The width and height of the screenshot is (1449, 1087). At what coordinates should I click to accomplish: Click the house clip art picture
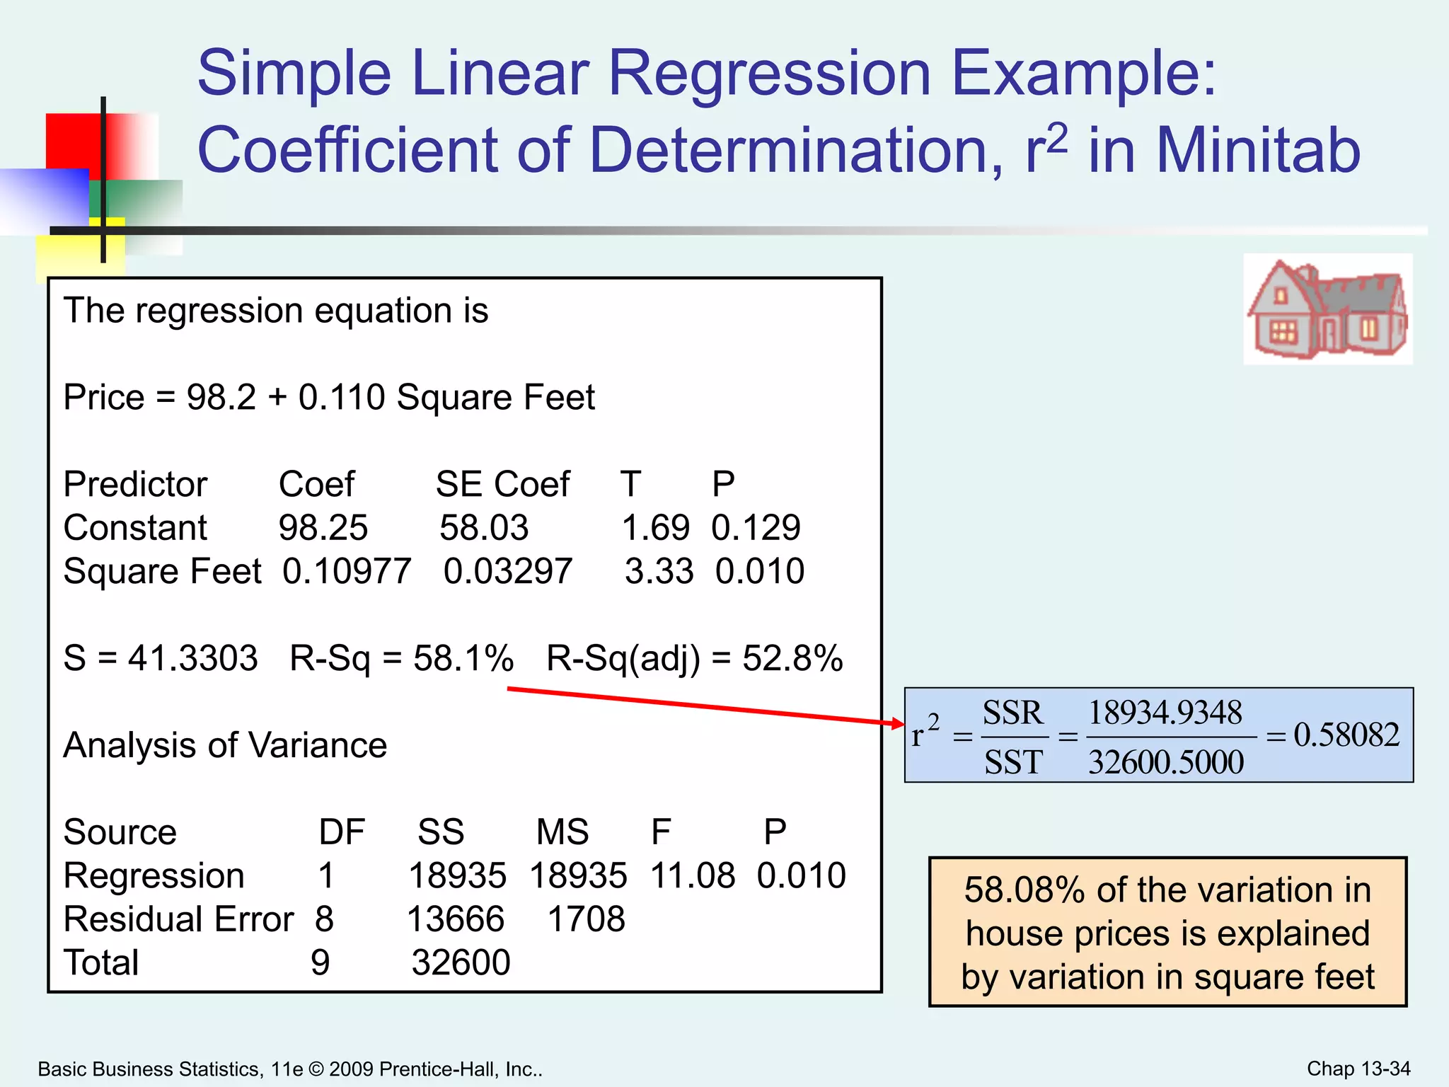pyautogui.click(x=1327, y=309)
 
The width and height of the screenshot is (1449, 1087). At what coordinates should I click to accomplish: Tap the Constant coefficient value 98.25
pyautogui.click(x=323, y=528)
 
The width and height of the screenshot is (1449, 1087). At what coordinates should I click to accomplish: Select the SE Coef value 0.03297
pyautogui.click(x=507, y=571)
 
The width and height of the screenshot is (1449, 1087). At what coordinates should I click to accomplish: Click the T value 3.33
pyautogui.click(x=659, y=571)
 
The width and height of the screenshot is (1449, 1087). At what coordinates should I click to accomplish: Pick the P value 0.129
pyautogui.click(x=756, y=528)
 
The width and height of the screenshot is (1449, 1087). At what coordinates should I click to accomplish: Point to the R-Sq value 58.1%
pyautogui.click(x=463, y=658)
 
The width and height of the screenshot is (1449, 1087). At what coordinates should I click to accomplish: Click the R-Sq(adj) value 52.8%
pyautogui.click(x=792, y=658)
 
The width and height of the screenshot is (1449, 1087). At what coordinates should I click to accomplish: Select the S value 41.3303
pyautogui.click(x=192, y=658)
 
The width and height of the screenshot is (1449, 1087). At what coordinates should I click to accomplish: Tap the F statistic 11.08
pyautogui.click(x=692, y=876)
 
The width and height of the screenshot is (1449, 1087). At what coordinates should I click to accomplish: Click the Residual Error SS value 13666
pyautogui.click(x=456, y=919)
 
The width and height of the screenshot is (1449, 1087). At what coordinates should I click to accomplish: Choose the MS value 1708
pyautogui.click(x=586, y=919)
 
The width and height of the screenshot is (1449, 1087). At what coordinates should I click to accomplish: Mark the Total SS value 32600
pyautogui.click(x=461, y=962)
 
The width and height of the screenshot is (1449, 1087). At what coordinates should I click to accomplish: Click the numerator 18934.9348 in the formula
pyautogui.click(x=1165, y=713)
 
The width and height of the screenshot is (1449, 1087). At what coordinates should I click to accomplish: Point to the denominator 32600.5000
pyautogui.click(x=1165, y=762)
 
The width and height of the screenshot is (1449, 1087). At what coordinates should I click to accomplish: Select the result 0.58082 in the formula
pyautogui.click(x=1346, y=735)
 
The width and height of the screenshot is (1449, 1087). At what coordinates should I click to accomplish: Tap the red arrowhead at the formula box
pyautogui.click(x=898, y=723)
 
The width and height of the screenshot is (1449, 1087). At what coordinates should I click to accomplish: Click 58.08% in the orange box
pyautogui.click(x=1024, y=890)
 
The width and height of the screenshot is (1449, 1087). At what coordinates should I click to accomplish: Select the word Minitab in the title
pyautogui.click(x=1258, y=150)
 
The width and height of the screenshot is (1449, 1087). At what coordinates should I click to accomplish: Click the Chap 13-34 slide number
pyautogui.click(x=1358, y=1069)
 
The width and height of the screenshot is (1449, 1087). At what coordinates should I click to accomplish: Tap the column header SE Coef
pyautogui.click(x=502, y=485)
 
